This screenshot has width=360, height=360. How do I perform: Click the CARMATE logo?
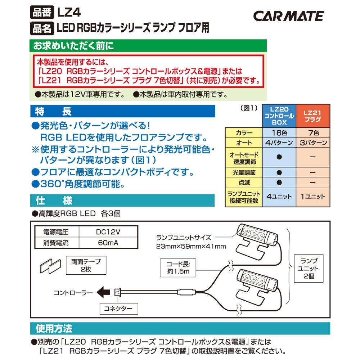288,16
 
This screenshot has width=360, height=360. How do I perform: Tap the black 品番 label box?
42,12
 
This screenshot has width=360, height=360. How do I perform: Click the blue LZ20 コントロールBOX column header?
279,116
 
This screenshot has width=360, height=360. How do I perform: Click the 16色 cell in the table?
279,132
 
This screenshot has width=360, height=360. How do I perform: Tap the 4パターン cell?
279,143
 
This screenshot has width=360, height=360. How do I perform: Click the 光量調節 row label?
243,172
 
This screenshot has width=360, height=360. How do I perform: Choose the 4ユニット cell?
279,197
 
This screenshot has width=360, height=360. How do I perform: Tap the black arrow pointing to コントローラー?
104,292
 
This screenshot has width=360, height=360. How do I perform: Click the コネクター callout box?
118,309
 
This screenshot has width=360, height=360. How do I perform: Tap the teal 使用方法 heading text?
54,329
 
